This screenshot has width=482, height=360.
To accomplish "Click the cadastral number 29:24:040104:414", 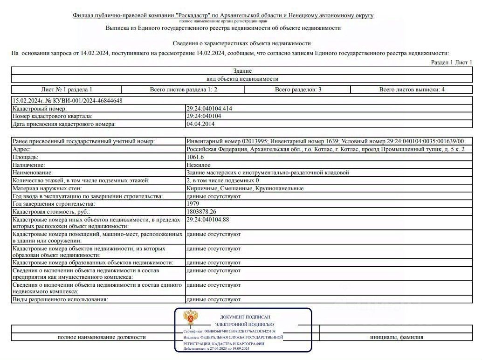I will click(x=209, y=109).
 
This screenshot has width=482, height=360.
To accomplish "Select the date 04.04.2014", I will click(x=200, y=124).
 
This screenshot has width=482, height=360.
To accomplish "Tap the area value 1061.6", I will click(x=195, y=157).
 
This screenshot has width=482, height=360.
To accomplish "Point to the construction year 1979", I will click(x=193, y=204).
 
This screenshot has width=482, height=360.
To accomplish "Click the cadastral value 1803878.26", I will click(x=203, y=212).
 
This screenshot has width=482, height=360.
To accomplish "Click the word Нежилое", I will click(x=198, y=165).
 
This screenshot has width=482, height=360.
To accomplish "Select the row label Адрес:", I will click(x=22, y=149).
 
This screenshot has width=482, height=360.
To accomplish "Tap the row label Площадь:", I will click(x=26, y=157).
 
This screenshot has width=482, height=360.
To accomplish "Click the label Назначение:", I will click(x=29, y=165).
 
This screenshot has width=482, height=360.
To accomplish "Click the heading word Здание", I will click(x=242, y=71).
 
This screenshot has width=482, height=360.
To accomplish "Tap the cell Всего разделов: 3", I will click(x=298, y=90).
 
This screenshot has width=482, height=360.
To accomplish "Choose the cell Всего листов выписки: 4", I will click(x=412, y=90).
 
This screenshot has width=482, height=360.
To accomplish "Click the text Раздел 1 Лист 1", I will click(x=451, y=62).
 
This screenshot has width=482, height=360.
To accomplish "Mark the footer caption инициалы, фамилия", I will click(x=397, y=337).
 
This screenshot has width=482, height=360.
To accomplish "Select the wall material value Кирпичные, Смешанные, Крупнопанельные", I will click(x=245, y=188).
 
